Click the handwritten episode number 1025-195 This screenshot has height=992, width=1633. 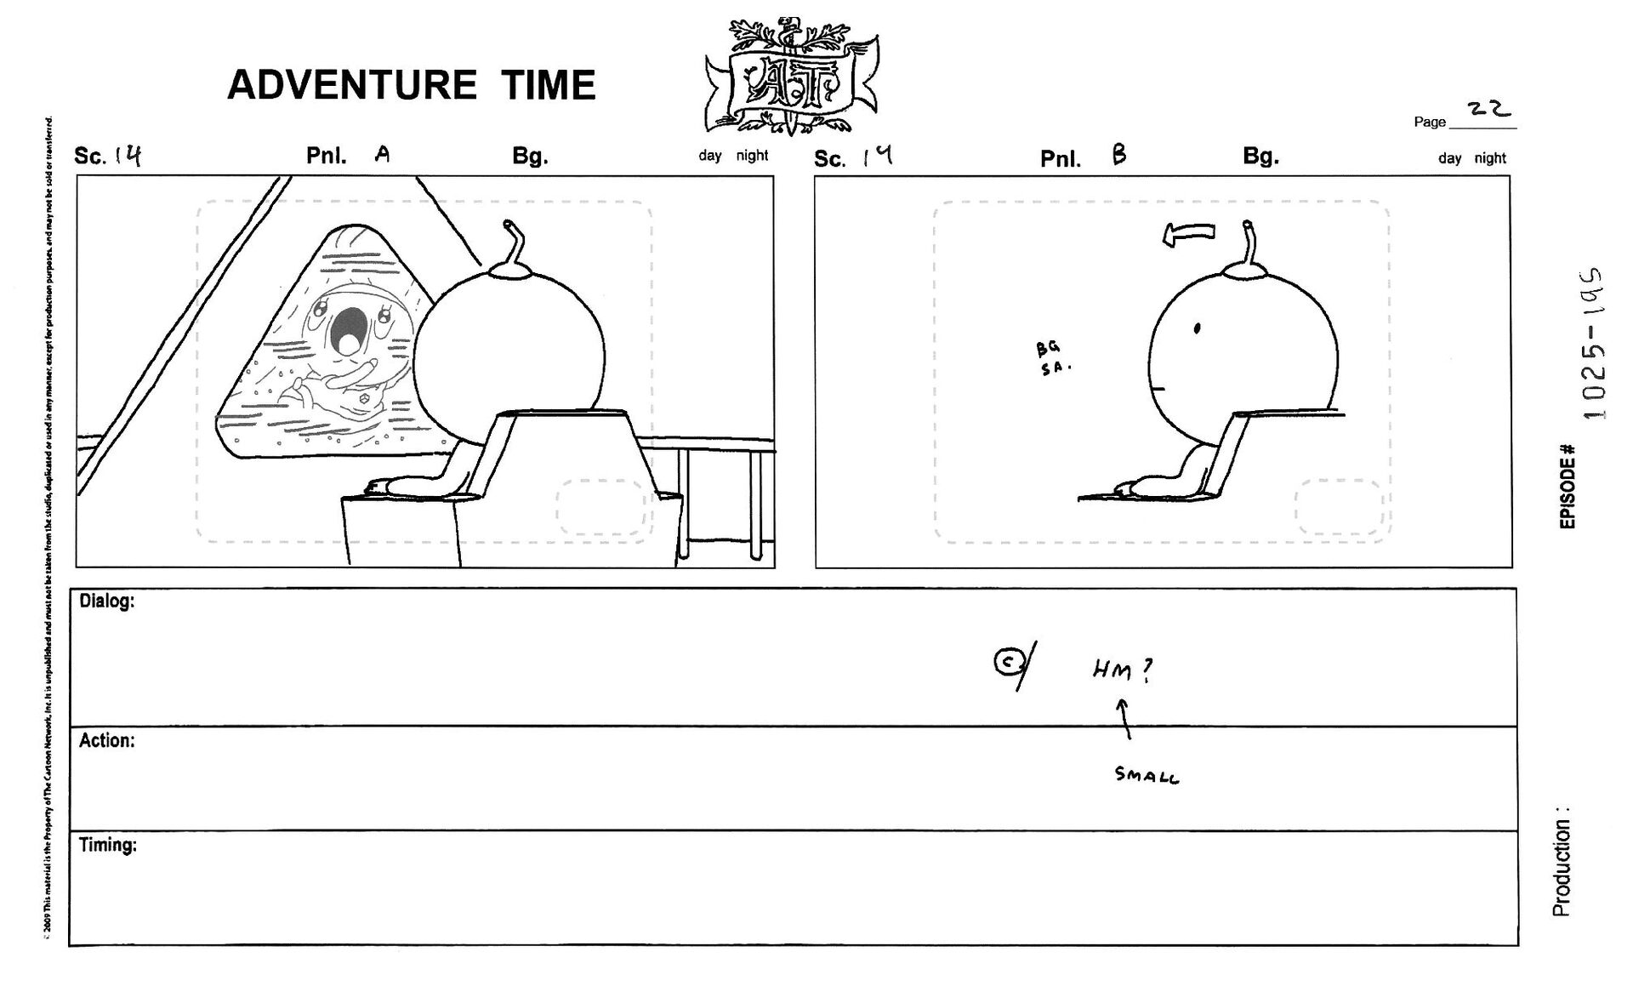[x=1595, y=344]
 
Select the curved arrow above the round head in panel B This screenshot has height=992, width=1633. [x=1189, y=234]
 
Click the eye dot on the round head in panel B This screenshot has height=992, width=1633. [x=1197, y=328]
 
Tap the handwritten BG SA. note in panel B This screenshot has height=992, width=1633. [x=1053, y=358]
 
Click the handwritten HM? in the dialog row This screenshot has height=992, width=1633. [x=1124, y=672]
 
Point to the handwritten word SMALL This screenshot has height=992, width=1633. [x=1147, y=775]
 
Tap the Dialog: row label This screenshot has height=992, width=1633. [x=106, y=601]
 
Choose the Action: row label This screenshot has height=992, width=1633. [x=106, y=741]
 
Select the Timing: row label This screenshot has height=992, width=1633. [x=107, y=846]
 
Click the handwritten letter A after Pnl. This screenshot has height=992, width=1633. [x=383, y=154]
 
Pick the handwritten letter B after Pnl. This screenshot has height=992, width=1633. [x=1118, y=155]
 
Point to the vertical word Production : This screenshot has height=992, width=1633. [x=1561, y=861]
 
